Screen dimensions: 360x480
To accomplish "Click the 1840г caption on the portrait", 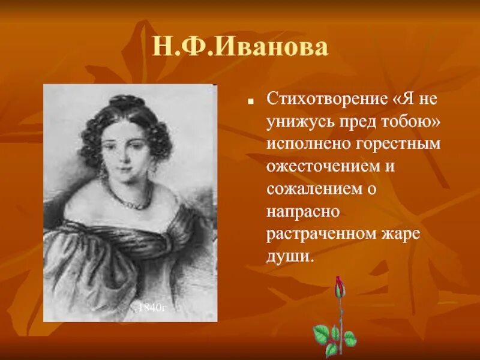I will (151, 308).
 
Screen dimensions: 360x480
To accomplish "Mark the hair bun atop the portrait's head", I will (125, 102).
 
